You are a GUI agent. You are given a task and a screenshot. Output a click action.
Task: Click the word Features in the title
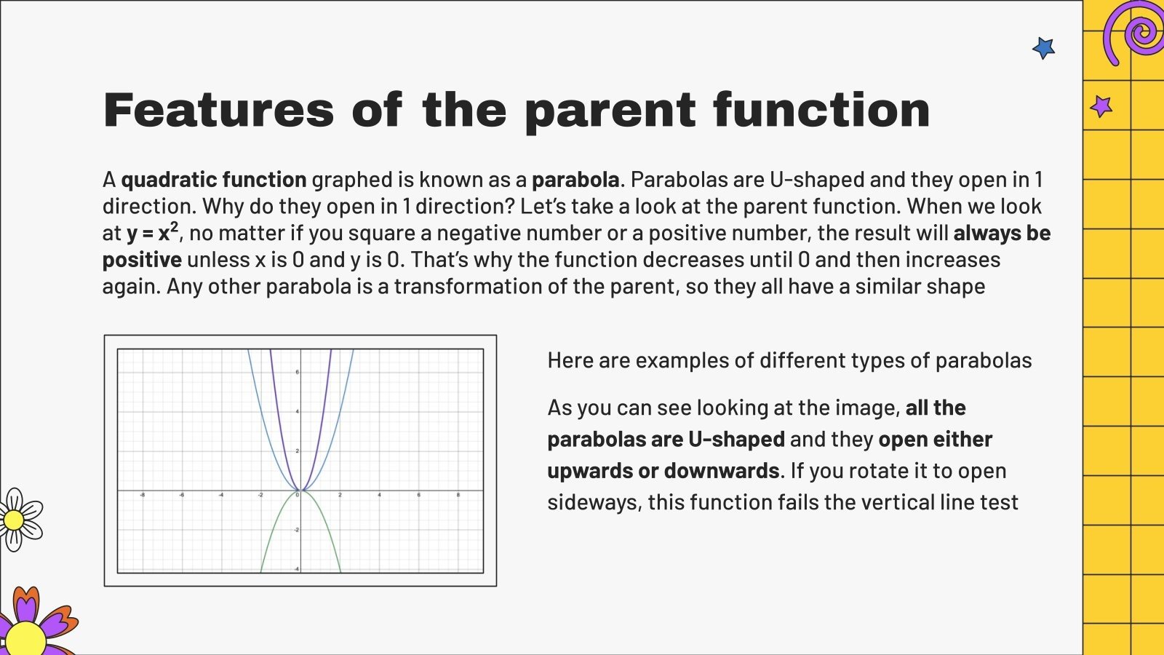tap(218, 111)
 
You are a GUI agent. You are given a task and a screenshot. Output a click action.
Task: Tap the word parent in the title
tap(610, 111)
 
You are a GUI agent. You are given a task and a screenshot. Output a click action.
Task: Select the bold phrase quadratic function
tap(213, 180)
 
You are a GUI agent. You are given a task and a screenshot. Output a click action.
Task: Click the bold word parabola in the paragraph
tap(575, 180)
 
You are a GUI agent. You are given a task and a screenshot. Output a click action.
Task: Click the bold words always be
tap(1002, 233)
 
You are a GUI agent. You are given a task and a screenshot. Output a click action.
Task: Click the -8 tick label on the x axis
tap(142, 496)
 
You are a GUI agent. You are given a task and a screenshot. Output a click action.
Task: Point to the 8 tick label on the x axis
tap(458, 496)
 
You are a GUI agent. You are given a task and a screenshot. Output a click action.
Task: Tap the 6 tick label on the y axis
tap(297, 373)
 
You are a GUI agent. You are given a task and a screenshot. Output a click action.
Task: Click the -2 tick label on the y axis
tap(296, 530)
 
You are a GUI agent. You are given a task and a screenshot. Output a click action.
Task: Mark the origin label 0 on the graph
tap(297, 496)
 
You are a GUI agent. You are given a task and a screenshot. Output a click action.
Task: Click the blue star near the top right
tap(1043, 49)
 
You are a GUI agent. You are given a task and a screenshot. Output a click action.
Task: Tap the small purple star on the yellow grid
tap(1101, 107)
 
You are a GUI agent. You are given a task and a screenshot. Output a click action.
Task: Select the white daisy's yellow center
tap(14, 520)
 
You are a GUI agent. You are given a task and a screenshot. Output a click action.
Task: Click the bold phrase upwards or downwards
tap(663, 471)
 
